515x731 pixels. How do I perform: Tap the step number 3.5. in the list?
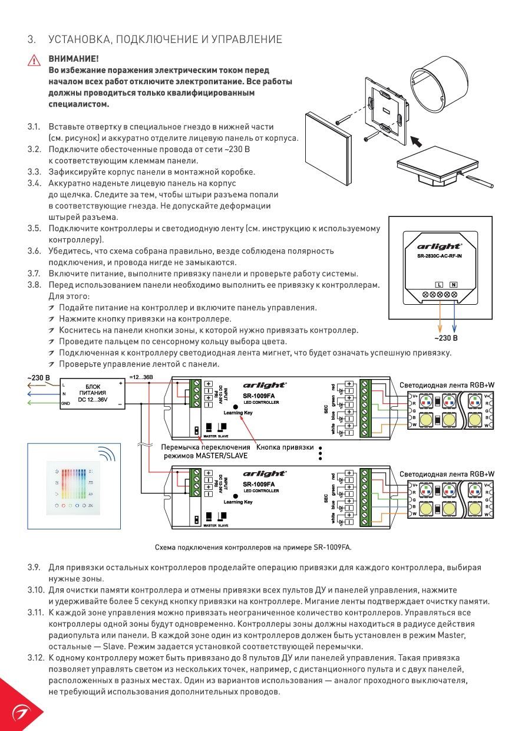coord(34,229)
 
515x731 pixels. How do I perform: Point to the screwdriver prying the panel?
coord(481,180)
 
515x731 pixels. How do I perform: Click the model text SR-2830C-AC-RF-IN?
coord(440,256)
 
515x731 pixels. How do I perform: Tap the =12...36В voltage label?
coord(141,377)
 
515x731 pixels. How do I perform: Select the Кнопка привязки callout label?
coord(284,447)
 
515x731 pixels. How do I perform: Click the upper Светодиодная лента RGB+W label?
coord(447,385)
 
